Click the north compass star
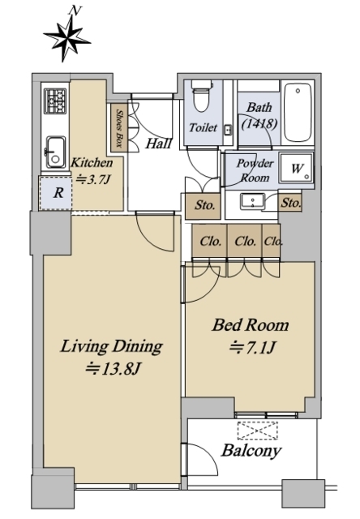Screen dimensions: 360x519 (x=66, y=40)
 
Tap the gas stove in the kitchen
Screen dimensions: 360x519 (x=55, y=101)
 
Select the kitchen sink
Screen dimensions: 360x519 (x=55, y=152)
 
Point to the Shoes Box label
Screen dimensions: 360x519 (x=118, y=128)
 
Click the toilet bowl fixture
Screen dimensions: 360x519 (x=202, y=96)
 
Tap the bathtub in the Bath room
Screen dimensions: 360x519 (x=298, y=113)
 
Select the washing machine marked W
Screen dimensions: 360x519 (x=296, y=168)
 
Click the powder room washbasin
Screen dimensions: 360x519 (x=252, y=202)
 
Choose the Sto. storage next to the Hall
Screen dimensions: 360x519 (x=203, y=206)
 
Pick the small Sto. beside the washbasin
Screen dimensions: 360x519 (x=290, y=203)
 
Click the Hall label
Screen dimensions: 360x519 (x=158, y=144)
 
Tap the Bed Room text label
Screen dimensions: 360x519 (x=251, y=325)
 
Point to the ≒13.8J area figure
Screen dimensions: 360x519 (x=114, y=369)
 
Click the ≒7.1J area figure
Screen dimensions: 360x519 (x=253, y=348)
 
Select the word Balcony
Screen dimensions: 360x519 (x=251, y=451)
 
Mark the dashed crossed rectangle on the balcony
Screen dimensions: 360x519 (x=257, y=431)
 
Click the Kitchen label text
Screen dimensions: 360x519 (x=92, y=163)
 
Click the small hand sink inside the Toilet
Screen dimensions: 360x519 (x=229, y=130)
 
